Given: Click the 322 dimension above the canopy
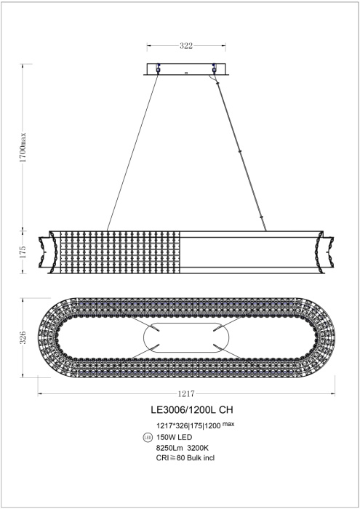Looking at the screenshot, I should [186, 45].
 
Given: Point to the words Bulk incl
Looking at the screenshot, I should [204, 458].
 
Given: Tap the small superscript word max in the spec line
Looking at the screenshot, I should [228, 423].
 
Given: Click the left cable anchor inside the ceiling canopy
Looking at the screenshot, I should [158, 70].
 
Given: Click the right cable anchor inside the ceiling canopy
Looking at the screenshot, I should [214, 70].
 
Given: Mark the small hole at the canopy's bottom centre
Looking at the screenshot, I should [186, 73].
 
